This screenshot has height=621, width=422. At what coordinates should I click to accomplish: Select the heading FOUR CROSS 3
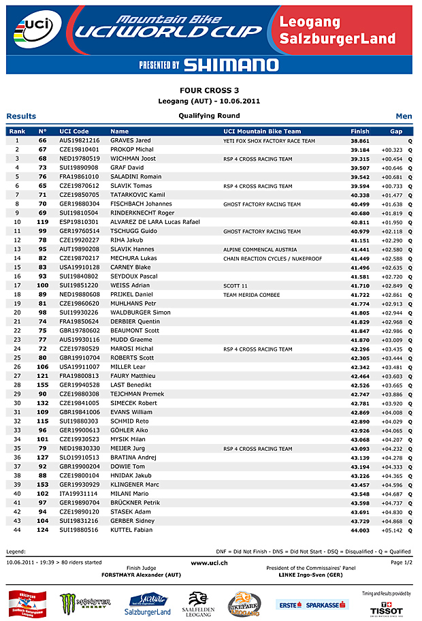(x=209, y=91)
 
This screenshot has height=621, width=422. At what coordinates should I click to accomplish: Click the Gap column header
(x=396, y=131)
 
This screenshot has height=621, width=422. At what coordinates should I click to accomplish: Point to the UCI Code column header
(x=74, y=131)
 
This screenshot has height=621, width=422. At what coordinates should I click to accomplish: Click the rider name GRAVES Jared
(x=131, y=140)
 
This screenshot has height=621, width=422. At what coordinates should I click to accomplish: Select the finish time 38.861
(x=359, y=140)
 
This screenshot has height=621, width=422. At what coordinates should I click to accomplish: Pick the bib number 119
(x=42, y=222)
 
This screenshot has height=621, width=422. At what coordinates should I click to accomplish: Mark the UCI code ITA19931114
(x=79, y=494)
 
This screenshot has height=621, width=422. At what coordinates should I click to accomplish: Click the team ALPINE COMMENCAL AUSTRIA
(x=260, y=249)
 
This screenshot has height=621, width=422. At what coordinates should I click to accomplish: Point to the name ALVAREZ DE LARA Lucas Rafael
(x=155, y=222)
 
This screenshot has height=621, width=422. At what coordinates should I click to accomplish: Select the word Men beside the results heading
(x=404, y=116)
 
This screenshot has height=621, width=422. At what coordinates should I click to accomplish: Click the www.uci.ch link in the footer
(x=209, y=562)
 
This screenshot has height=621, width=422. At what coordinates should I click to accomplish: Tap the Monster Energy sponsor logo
(x=85, y=603)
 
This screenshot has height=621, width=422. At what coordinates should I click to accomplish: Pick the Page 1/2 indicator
(x=401, y=562)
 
